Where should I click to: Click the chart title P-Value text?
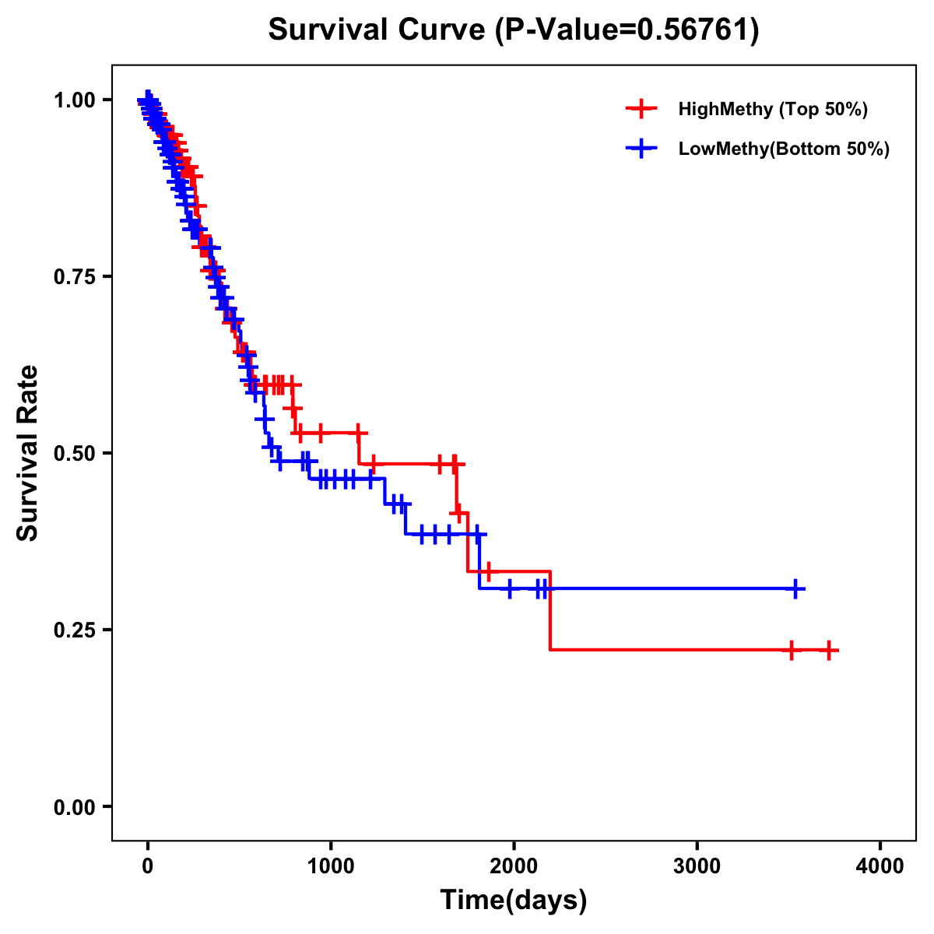[x=514, y=30]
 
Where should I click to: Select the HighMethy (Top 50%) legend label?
[x=773, y=109]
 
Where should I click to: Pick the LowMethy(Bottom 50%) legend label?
[x=784, y=149]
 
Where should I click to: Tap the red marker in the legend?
[x=641, y=109]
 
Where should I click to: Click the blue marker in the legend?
[x=641, y=149]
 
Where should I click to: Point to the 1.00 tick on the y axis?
[x=74, y=100]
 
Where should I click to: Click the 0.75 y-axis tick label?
[x=74, y=277]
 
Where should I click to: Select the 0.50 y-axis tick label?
[x=74, y=453]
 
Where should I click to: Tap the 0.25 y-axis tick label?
[x=74, y=630]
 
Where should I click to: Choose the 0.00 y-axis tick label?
[x=74, y=807]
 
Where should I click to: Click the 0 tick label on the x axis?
[x=148, y=866]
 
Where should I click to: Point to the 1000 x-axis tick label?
[x=331, y=866]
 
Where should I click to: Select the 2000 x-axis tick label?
[x=514, y=866]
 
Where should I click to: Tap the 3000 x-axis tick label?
[x=697, y=866]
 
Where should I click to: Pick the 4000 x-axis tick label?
[x=880, y=866]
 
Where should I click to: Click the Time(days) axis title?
[x=514, y=901]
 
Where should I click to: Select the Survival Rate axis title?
[x=28, y=453]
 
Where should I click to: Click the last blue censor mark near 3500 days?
[x=795, y=588]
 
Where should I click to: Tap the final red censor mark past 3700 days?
[x=829, y=650]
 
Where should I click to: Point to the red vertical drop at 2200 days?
[x=550, y=611]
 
